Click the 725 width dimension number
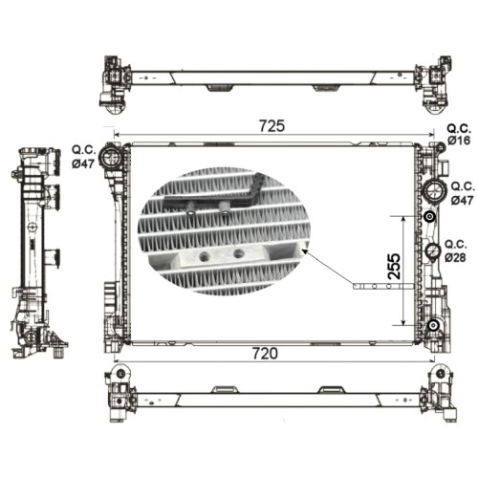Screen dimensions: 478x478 [272, 126]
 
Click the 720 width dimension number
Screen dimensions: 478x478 [265, 354]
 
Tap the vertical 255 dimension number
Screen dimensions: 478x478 [395, 267]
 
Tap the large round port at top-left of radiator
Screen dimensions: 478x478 [111, 156]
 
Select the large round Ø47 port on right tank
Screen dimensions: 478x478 [434, 190]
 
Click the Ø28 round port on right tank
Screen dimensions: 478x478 [433, 251]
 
